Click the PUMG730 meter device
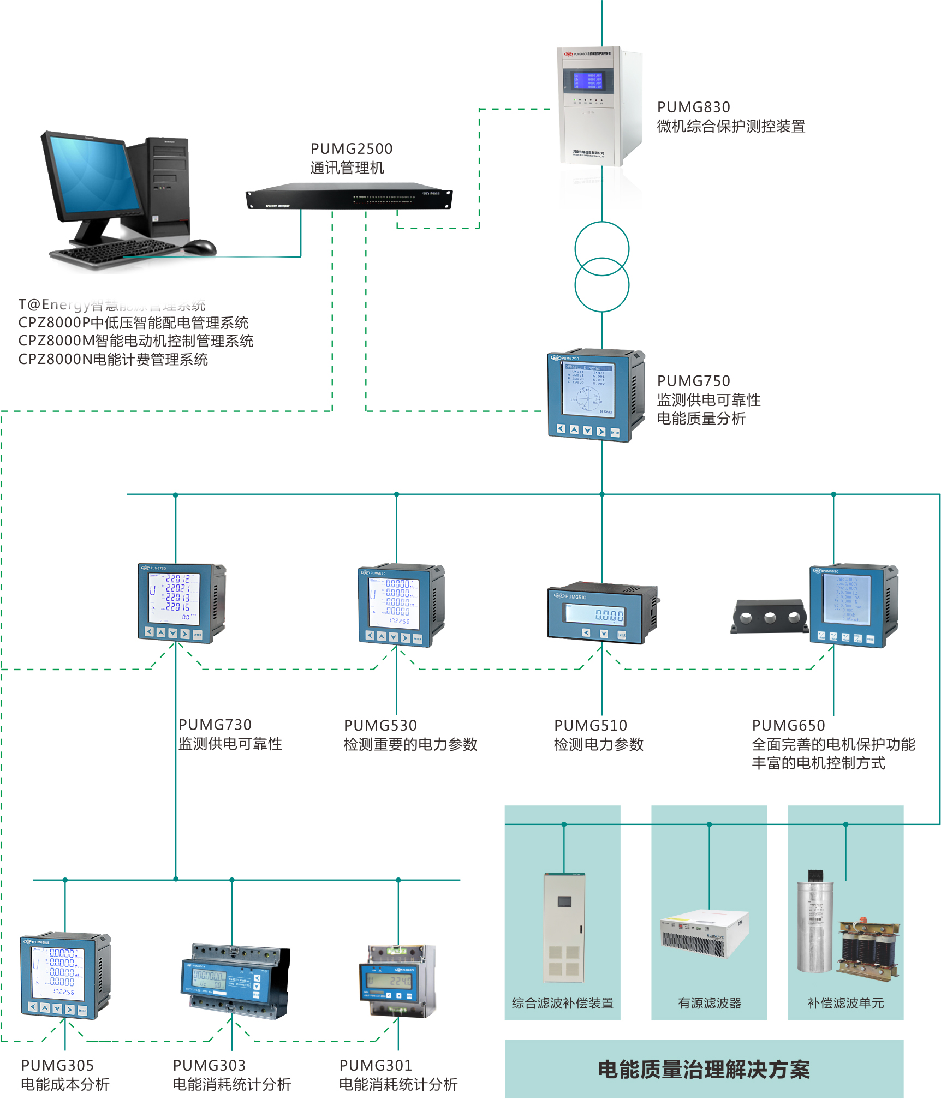[181, 603]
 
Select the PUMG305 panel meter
[65, 976]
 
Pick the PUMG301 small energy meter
[397, 981]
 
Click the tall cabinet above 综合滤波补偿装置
[564, 928]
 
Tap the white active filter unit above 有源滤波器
[704, 933]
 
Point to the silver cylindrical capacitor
[814, 928]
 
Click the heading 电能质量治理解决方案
[704, 1070]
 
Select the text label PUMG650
[788, 726]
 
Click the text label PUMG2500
[352, 149]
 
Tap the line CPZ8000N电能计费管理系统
[113, 360]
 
